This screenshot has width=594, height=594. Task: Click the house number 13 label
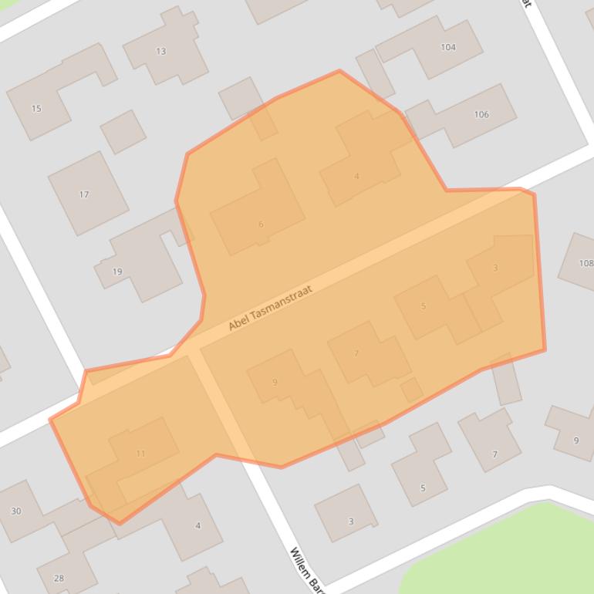(160, 52)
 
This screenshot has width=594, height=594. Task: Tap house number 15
(36, 109)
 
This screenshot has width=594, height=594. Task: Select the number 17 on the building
(84, 194)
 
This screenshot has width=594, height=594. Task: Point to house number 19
(117, 272)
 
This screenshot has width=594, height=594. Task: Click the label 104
(448, 47)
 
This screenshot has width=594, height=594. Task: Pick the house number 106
(481, 114)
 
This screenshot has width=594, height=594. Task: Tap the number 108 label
(586, 263)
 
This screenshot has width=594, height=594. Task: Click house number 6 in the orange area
(261, 224)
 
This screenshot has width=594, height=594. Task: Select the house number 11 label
(140, 454)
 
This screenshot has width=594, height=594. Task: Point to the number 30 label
(15, 511)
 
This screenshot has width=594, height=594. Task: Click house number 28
(59, 578)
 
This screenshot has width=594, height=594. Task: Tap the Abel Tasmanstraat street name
(275, 309)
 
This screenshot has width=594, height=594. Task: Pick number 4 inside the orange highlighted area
(356, 177)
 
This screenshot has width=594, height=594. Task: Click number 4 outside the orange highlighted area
(197, 526)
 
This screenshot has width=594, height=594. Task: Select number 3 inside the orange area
(495, 268)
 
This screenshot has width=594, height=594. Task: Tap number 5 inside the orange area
(424, 306)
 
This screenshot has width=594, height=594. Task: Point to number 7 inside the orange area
(356, 354)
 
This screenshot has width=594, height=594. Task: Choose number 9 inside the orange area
(275, 382)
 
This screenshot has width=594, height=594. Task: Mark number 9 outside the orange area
(575, 440)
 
